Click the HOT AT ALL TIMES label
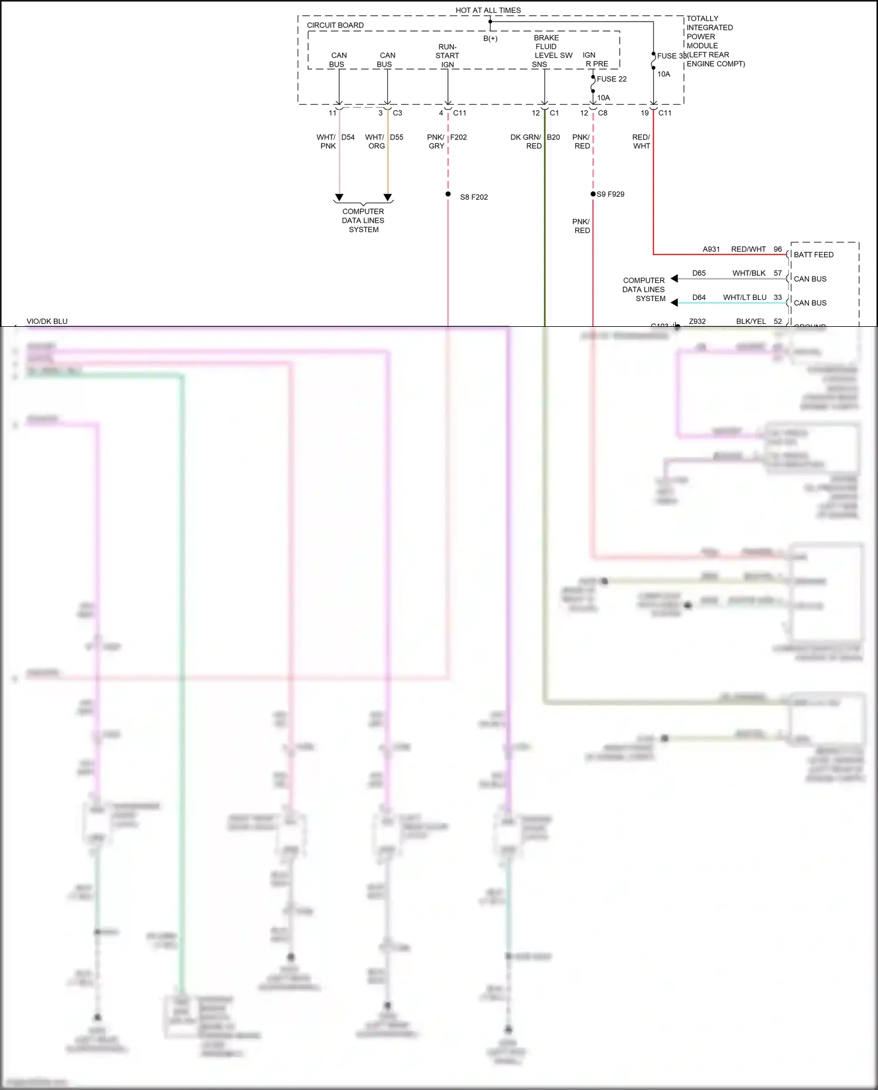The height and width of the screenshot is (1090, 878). (488, 11)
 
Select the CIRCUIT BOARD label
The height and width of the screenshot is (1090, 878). (335, 25)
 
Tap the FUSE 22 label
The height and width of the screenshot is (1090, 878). (611, 79)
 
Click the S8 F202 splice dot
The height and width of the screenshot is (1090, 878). (448, 194)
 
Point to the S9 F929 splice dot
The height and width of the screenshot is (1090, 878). (593, 194)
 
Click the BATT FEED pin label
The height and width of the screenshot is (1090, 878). (813, 255)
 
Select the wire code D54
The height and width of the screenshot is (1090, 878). (348, 137)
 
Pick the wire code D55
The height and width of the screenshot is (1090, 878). (397, 137)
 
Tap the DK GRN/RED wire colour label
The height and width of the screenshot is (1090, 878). (526, 141)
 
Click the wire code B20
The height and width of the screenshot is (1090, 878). (554, 137)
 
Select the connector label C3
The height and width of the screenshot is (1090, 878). (397, 113)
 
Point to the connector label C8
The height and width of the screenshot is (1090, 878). (603, 113)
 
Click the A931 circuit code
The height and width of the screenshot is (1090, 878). (711, 250)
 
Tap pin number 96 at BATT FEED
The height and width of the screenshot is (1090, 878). (778, 250)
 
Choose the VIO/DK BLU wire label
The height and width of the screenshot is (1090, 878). (47, 322)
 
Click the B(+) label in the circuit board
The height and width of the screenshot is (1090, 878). (490, 39)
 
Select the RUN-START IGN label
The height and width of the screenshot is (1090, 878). (447, 56)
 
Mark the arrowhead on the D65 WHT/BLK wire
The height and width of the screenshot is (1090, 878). (674, 278)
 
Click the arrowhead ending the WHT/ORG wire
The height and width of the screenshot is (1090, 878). (388, 197)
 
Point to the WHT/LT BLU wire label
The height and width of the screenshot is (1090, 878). (744, 298)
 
